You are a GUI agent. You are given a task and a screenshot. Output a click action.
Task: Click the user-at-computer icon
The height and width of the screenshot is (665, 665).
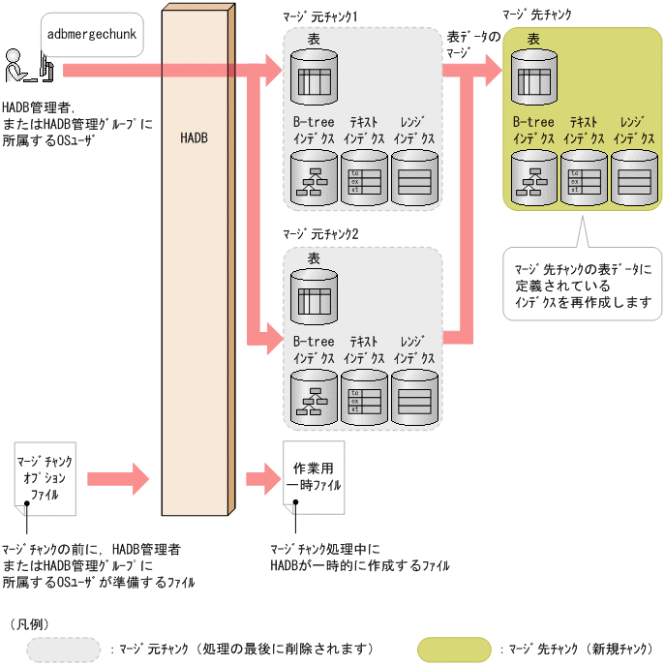coord(27,66)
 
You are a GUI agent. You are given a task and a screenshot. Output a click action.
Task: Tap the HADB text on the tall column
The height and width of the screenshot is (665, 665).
coord(194,137)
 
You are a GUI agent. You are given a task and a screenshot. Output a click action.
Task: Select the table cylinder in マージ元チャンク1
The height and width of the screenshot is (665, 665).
coord(315,74)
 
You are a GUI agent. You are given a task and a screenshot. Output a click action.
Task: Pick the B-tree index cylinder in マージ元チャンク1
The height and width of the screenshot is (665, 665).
coord(315,176)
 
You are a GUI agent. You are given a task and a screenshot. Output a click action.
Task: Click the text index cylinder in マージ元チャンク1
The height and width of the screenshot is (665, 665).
coord(364,176)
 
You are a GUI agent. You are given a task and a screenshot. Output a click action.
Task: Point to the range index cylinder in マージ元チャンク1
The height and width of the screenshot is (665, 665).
coord(414,176)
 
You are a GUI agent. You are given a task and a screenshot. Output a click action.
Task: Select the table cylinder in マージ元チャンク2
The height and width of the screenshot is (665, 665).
coord(315,292)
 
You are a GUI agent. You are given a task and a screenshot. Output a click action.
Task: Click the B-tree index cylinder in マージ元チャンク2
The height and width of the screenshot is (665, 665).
coord(315,395)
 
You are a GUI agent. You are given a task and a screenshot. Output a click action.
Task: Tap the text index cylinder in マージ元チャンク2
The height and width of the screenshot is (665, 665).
coord(364,395)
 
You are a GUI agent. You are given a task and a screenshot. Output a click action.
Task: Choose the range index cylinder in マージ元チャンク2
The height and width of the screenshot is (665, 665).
coord(414,395)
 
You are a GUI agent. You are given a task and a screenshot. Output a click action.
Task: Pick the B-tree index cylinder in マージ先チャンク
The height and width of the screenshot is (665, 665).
coord(534,176)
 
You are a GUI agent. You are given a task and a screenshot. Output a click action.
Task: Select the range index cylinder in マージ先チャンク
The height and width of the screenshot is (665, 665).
coord(633,176)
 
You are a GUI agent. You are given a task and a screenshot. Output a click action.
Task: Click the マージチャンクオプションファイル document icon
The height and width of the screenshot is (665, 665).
coord(45,474)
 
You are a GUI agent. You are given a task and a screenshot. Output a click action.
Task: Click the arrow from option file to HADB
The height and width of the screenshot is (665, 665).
coord(117,477)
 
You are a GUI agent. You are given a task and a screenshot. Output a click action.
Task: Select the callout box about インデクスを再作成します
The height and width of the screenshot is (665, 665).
coord(582,281)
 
